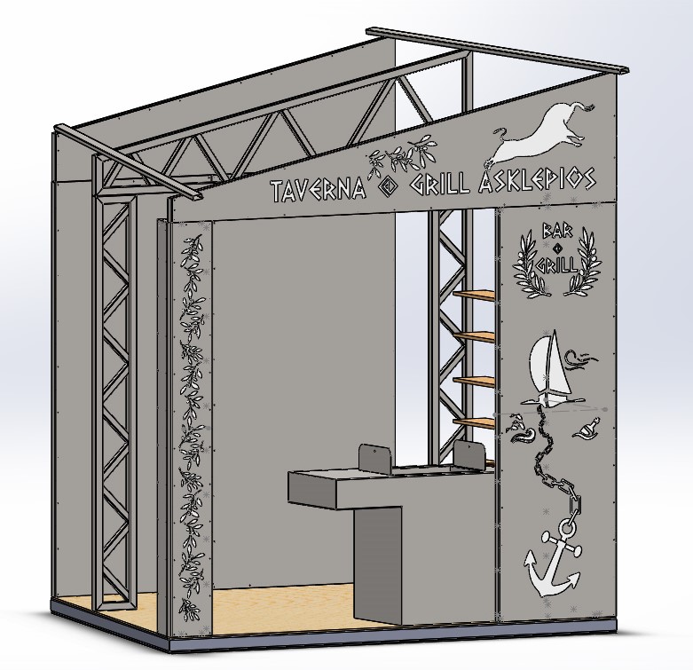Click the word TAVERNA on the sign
[319, 190]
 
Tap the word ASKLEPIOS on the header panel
[538, 179]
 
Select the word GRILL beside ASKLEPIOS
[440, 185]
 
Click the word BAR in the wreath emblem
[557, 231]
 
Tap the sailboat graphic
[550, 367]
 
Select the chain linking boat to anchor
[557, 464]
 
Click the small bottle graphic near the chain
[587, 429]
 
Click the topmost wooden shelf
[474, 296]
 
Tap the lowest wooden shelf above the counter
[474, 423]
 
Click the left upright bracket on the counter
[374, 459]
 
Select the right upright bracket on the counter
[469, 455]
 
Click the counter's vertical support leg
[379, 565]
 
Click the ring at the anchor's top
[567, 527]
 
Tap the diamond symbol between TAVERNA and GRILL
[388, 189]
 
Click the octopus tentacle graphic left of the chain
[522, 430]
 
